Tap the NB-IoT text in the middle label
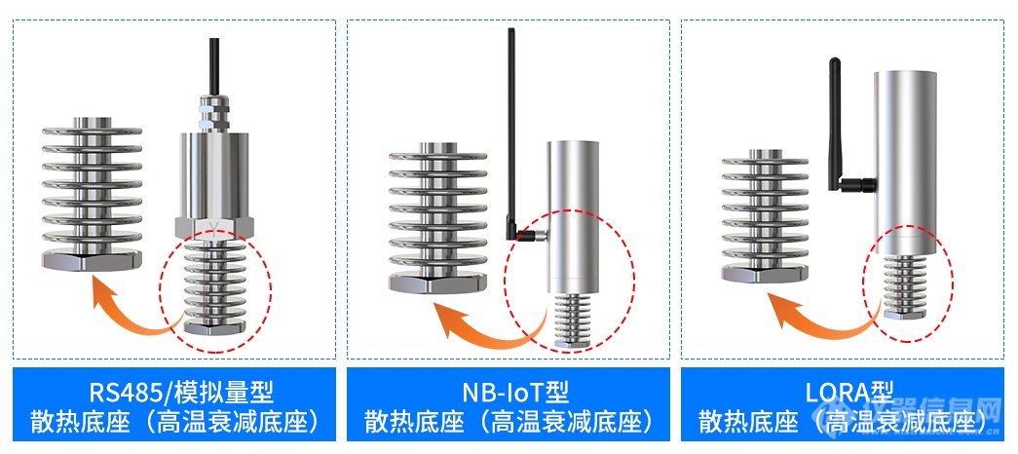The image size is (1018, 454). coord(494,393)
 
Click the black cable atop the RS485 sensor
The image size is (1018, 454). coord(214,65)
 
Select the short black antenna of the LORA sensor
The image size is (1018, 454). coord(834,124)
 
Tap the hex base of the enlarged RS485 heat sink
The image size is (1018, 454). coord(92,261)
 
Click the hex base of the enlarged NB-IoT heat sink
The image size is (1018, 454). coord(437,284)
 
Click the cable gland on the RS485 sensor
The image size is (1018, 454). coord(214,112)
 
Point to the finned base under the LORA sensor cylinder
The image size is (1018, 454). coord(905,285)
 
